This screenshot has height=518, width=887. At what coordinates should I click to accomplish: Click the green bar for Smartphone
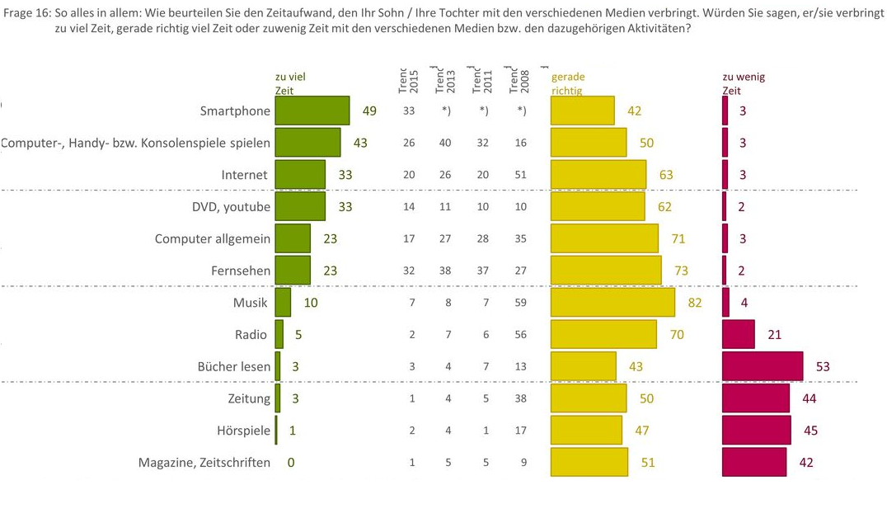pos(312,111)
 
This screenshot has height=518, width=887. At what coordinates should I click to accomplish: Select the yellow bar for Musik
pos(612,303)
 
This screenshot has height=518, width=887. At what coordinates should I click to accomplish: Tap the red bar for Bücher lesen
pos(762,366)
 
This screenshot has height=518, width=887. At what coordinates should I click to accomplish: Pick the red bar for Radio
pos(738,334)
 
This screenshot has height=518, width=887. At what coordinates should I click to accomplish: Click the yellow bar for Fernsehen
pos(606,271)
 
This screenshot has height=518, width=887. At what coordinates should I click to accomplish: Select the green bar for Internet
pos(300,174)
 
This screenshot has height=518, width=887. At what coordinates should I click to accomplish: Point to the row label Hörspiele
pos(243,431)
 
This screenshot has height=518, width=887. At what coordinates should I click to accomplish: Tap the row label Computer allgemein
pos(213,239)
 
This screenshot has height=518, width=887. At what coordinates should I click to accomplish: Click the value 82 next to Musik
pos(694,303)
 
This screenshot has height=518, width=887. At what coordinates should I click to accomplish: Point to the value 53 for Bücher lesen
pos(822,366)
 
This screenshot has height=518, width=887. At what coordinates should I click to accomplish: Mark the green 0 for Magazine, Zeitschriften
pos(290,463)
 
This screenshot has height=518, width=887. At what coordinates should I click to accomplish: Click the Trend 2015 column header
pos(408,81)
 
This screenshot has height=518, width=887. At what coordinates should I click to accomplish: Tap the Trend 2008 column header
pos(520,81)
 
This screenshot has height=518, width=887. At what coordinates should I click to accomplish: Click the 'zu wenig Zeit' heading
pos(744,83)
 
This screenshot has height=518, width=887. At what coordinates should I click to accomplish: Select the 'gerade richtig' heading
pos(568,83)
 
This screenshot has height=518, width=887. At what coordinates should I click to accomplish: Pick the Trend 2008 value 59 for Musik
pos(520,303)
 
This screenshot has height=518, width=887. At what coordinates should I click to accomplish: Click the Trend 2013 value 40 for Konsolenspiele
pos(445,143)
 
